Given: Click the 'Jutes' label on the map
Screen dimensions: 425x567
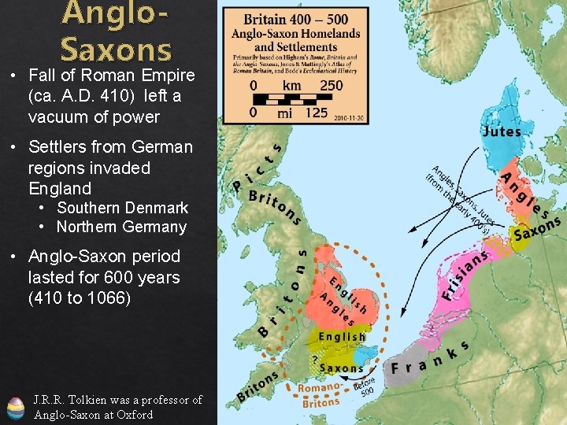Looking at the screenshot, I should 501,131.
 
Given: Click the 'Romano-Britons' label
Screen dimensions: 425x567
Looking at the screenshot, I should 320,394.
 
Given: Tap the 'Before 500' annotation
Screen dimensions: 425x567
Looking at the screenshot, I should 364,386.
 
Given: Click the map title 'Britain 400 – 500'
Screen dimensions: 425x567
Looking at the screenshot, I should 295,19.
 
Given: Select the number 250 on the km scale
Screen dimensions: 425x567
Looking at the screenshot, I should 331,85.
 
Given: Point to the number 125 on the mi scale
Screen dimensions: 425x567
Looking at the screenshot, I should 316,113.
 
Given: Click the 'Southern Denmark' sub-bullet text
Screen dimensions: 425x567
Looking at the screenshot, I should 122,208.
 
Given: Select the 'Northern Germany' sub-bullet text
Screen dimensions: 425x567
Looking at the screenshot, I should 121,227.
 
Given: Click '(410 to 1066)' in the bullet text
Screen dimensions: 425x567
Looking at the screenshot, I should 80,298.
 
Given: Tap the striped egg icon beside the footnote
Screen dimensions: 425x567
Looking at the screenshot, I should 16,408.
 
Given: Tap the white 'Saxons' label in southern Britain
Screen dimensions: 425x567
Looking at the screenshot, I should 342,368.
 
